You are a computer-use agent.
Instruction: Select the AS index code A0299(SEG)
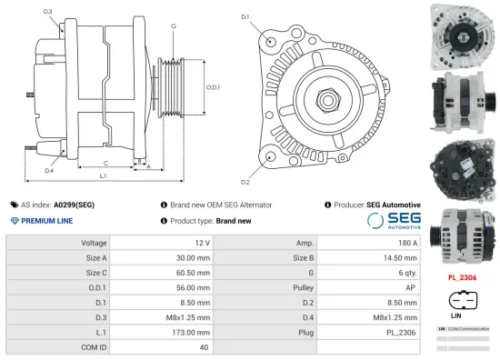pyautogui.click(x=74, y=205)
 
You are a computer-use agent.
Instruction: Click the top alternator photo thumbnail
pyautogui.click(x=462, y=35)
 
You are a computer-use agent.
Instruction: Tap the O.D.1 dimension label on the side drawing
pyautogui.click(x=213, y=87)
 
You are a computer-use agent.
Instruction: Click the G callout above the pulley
pyautogui.click(x=174, y=26)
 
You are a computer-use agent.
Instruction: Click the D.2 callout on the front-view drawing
pyautogui.click(x=245, y=169)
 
